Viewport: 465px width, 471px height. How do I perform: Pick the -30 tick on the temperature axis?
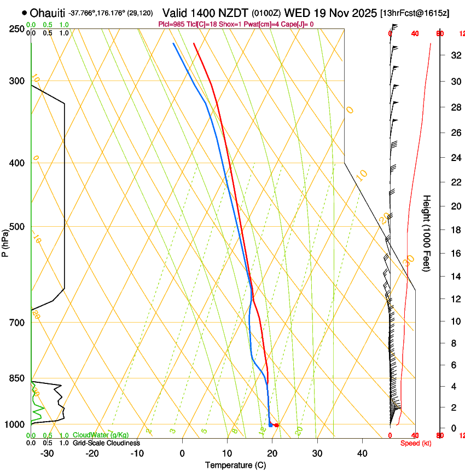point(47,453)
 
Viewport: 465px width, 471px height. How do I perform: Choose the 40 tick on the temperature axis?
point(362,453)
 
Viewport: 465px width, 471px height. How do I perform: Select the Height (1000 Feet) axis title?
point(427,233)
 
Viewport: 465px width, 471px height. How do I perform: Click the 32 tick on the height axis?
point(454,55)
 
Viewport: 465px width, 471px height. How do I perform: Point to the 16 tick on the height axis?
point(454,254)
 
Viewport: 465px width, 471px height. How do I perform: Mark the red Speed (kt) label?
point(415,443)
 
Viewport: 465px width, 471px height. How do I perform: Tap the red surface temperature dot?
point(277,425)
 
